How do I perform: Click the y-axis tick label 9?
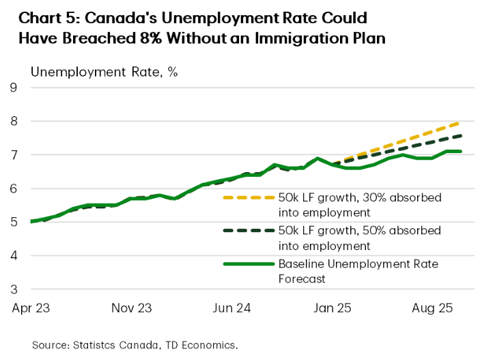(x=13, y=87)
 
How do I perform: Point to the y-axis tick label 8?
(x=13, y=122)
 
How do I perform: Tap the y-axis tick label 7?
(x=13, y=155)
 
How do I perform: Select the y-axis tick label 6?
(x=13, y=189)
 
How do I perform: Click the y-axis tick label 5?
(x=13, y=222)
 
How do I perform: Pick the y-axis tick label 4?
(x=13, y=255)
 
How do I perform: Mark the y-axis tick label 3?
(x=13, y=289)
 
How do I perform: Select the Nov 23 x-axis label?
(x=130, y=308)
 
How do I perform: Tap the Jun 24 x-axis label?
(x=232, y=308)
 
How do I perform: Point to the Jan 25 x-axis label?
(x=333, y=308)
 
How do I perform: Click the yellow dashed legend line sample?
(x=246, y=198)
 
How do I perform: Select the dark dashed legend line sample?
(x=246, y=231)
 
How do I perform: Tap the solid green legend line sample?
(x=246, y=264)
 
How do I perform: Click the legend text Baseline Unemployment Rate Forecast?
(x=358, y=271)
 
